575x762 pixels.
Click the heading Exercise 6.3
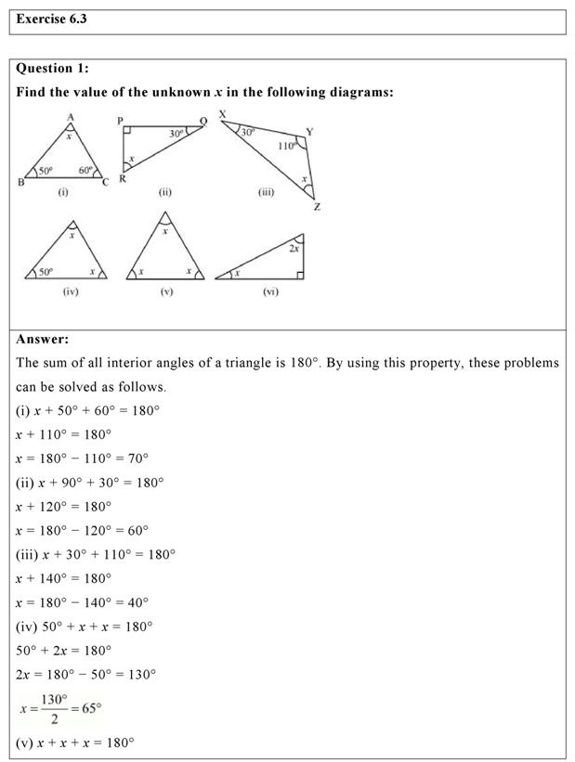click(52, 19)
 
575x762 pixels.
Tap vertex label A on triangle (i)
click(70, 116)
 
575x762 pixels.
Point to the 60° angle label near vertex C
click(85, 170)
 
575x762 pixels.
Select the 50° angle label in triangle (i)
click(45, 171)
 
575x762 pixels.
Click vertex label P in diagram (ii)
click(119, 121)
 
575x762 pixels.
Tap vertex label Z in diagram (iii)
click(317, 206)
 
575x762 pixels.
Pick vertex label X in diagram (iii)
click(222, 114)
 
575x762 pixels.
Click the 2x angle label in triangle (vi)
click(294, 249)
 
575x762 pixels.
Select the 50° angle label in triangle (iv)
click(46, 271)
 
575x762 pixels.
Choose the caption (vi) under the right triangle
click(270, 291)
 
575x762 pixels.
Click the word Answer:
click(43, 340)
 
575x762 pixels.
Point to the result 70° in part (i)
click(137, 458)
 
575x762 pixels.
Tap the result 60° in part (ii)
click(137, 530)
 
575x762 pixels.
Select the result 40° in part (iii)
click(137, 602)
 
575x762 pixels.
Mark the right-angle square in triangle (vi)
click(299, 273)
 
